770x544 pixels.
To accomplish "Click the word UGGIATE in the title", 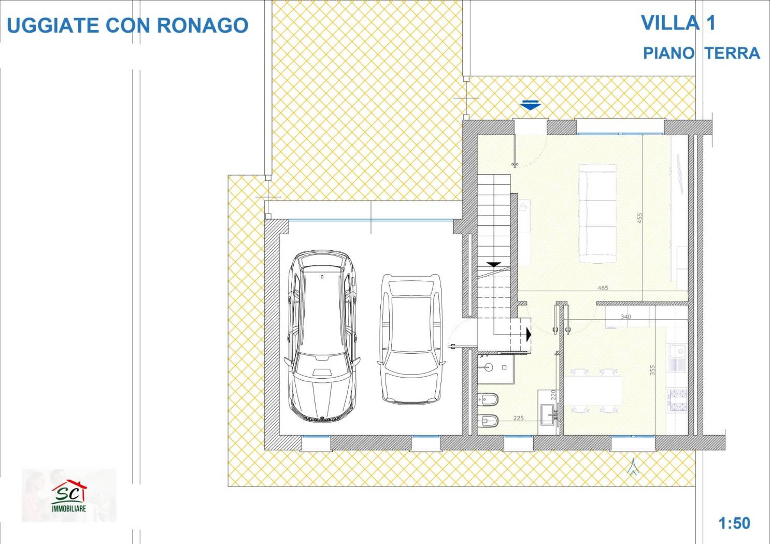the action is [x=53, y=25].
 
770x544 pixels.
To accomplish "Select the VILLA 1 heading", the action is [x=678, y=23].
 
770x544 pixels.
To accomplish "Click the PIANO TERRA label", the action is [x=701, y=53].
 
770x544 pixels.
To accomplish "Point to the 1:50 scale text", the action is [x=734, y=523].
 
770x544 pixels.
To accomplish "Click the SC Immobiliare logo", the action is [x=69, y=495].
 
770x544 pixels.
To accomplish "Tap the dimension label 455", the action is [x=639, y=218].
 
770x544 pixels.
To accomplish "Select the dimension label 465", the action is [x=603, y=288].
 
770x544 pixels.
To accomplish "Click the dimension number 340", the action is [x=625, y=317].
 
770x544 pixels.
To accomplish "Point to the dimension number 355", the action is [x=652, y=370].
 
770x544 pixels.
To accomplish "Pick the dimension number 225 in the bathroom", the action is [x=518, y=418].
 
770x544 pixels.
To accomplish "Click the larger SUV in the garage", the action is [x=322, y=335].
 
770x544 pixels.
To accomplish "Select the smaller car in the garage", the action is [x=411, y=339].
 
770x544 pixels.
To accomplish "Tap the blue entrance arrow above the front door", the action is [x=531, y=105].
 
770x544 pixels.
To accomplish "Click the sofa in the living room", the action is [x=597, y=214].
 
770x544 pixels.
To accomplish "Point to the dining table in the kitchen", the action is [x=593, y=391].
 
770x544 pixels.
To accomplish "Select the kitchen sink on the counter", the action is [x=678, y=357].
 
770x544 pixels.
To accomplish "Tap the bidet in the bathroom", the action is [x=488, y=399].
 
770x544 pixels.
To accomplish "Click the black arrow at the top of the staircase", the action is [x=494, y=264].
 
